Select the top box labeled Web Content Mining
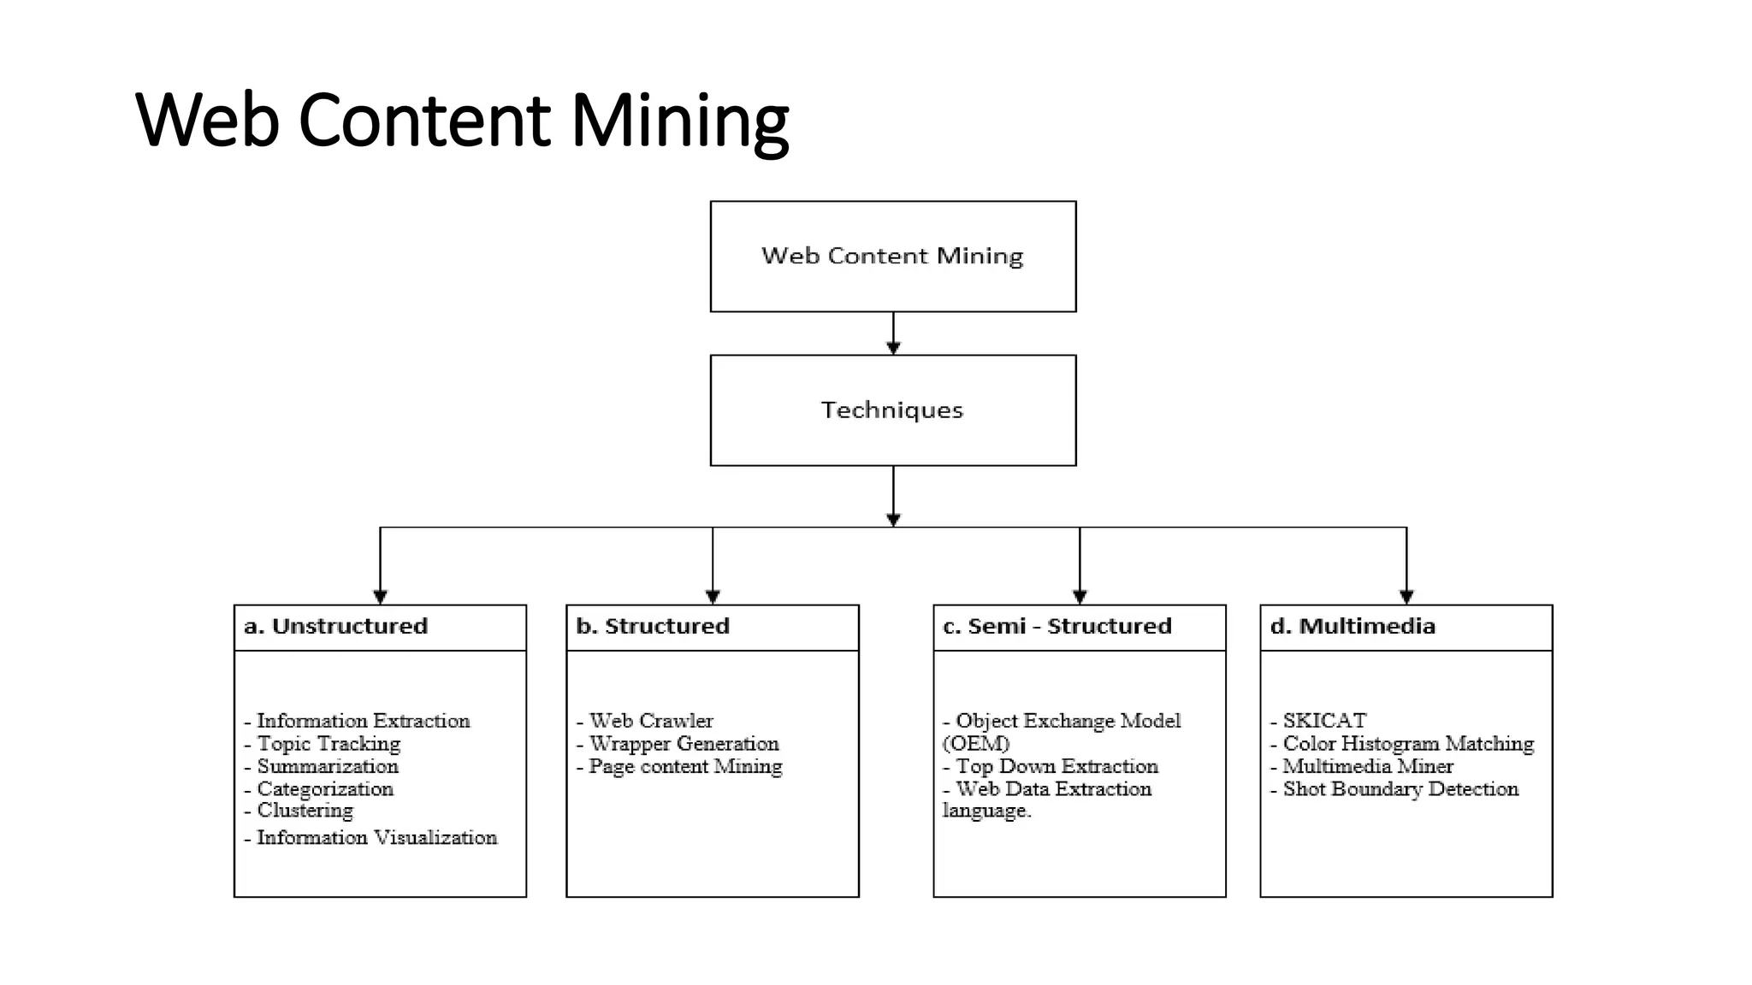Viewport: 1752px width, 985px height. pyautogui.click(x=892, y=256)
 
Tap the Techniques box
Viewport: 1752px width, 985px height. pyautogui.click(x=892, y=410)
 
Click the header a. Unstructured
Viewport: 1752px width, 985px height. pyautogui.click(x=335, y=627)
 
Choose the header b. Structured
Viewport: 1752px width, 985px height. pyautogui.click(x=653, y=627)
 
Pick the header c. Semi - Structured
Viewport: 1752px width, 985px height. pyautogui.click(x=1057, y=627)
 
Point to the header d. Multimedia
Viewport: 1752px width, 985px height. pyautogui.click(x=1352, y=627)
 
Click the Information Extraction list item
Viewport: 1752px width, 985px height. pyautogui.click(x=363, y=721)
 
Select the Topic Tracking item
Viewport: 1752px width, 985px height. pyautogui.click(x=328, y=744)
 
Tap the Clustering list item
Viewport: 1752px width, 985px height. pyautogui.click(x=305, y=811)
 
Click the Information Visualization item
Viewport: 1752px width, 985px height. pyautogui.click(x=376, y=838)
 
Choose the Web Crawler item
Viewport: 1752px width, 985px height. pyautogui.click(x=651, y=721)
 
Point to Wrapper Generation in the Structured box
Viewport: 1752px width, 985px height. pyautogui.click(x=684, y=744)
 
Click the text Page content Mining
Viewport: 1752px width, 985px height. pyautogui.click(x=685, y=767)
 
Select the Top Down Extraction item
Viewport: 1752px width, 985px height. pyautogui.click(x=1057, y=767)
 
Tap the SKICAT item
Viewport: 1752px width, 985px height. pyautogui.click(x=1324, y=721)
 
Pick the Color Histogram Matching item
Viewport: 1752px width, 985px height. pyautogui.click(x=1408, y=744)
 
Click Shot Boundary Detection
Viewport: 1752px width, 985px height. pyautogui.click(x=1400, y=789)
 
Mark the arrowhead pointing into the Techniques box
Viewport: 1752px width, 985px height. pyautogui.click(x=893, y=348)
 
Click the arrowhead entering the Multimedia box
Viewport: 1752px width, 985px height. pyautogui.click(x=1406, y=597)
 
